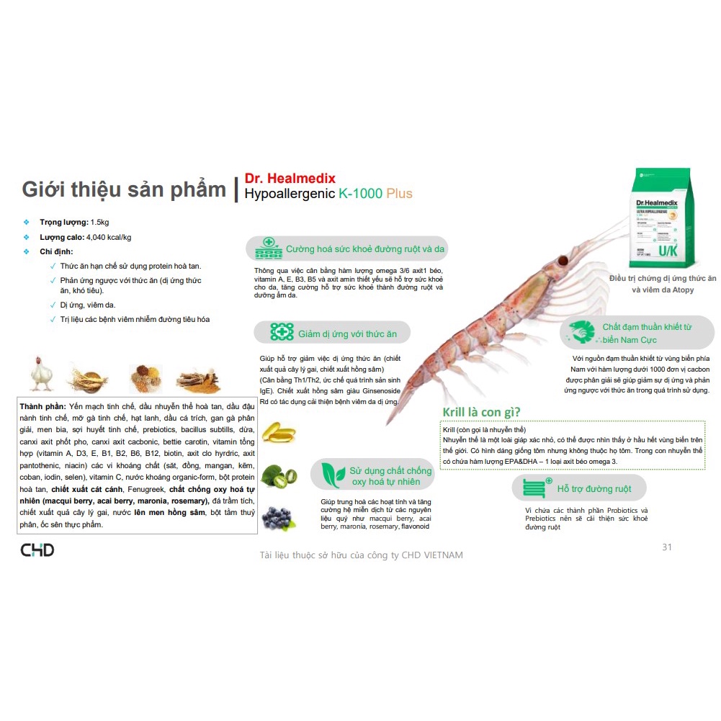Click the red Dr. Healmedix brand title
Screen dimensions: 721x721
point(290,178)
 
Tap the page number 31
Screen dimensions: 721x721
point(666,547)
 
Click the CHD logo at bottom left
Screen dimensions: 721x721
point(37,550)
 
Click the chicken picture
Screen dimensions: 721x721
point(41,372)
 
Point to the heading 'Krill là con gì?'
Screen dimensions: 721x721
point(481,412)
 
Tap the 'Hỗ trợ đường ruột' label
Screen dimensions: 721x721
point(594,489)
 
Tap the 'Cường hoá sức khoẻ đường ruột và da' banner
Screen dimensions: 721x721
point(348,249)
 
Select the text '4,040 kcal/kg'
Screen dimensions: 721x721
point(109,237)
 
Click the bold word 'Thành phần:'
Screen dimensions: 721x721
point(43,408)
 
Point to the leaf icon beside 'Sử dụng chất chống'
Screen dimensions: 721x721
point(332,475)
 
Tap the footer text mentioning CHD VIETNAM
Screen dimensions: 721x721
point(361,555)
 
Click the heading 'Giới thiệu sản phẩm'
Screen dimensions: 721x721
point(124,189)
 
